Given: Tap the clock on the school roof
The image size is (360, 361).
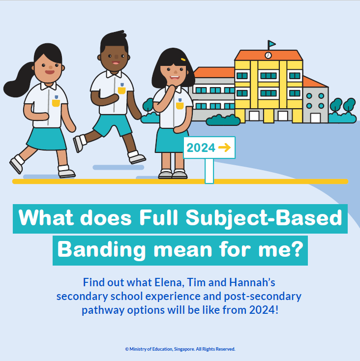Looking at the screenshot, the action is click(268, 55).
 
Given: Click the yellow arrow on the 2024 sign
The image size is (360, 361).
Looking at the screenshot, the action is click(224, 148).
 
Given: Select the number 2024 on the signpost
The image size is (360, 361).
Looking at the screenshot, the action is click(201, 148).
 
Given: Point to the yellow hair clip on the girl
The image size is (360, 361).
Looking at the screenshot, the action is click(183, 60).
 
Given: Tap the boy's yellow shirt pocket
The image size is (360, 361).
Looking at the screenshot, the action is click(121, 90).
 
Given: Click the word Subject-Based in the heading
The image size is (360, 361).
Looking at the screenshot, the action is click(264, 218).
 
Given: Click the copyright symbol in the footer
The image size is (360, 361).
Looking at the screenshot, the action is click(127, 349).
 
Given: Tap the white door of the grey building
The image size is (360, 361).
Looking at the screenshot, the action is click(315, 118).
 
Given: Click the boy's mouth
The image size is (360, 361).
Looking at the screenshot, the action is click(116, 62).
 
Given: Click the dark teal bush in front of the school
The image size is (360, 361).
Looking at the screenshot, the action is click(223, 120).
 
